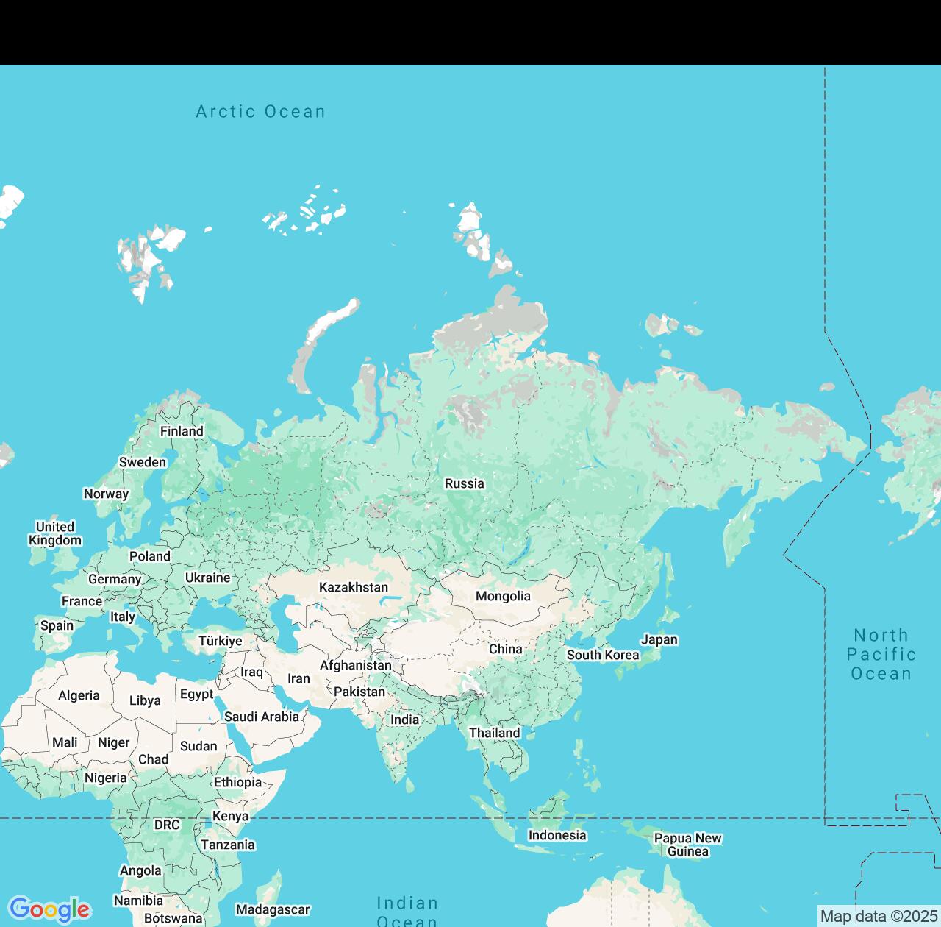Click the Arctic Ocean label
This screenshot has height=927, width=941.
[260, 112]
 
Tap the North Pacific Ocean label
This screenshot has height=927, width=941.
[881, 654]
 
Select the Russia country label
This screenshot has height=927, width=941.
[465, 483]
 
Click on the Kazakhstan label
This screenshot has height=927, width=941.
[354, 587]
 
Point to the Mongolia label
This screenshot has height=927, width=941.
[503, 596]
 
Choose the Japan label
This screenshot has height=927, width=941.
[659, 639]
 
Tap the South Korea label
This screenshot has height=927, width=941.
[603, 655]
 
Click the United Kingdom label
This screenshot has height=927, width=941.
[55, 533]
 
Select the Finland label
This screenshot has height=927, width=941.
[182, 431]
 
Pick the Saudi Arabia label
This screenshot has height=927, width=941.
[262, 717]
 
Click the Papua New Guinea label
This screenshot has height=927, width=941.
[688, 845]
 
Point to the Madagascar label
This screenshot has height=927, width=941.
[273, 910]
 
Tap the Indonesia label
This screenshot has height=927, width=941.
[557, 835]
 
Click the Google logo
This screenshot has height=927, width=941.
[49, 909]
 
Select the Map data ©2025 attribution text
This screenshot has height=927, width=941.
[879, 916]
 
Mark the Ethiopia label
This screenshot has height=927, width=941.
[237, 782]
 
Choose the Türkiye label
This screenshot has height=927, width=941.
[221, 641]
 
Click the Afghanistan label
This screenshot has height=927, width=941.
[356, 665]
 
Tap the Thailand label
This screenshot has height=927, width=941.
[495, 733]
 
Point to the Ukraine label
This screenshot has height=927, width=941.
[207, 578]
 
